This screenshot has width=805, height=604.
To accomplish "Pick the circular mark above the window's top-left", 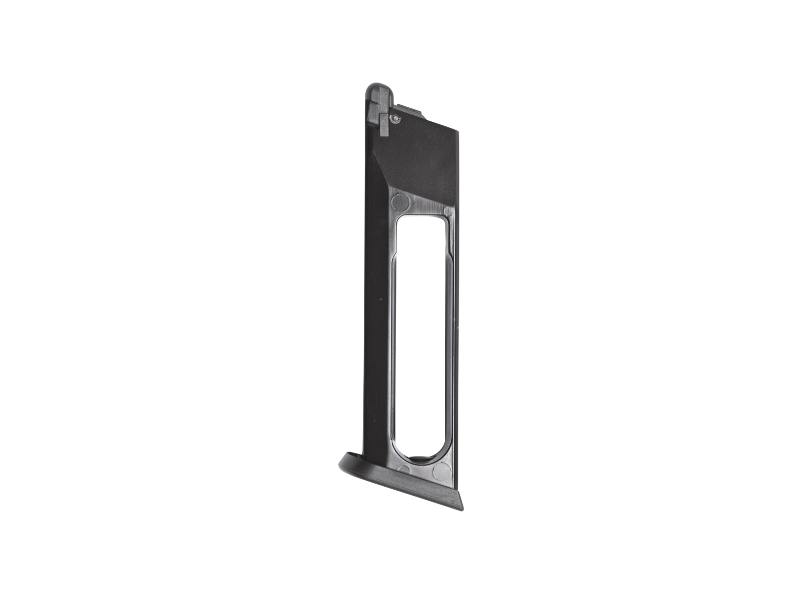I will [400, 202].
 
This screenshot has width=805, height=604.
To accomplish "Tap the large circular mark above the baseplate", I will [442, 471].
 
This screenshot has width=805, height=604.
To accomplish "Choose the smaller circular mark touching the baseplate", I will [403, 469].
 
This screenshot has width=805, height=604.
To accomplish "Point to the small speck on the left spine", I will [381, 300].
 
